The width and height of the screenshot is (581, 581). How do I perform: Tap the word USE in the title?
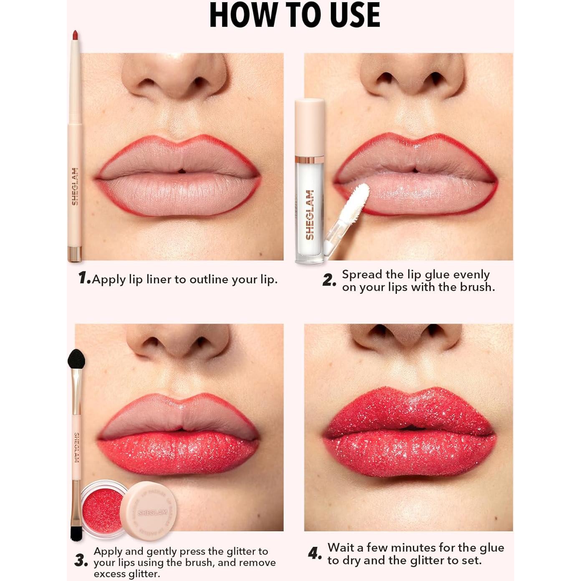tap(349, 15)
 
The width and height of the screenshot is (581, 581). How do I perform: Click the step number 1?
tap(84, 278)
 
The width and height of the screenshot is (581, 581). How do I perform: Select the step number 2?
tap(329, 280)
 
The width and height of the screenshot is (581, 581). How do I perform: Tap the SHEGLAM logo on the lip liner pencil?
tap(75, 186)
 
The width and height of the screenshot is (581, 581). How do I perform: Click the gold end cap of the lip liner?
tap(75, 253)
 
